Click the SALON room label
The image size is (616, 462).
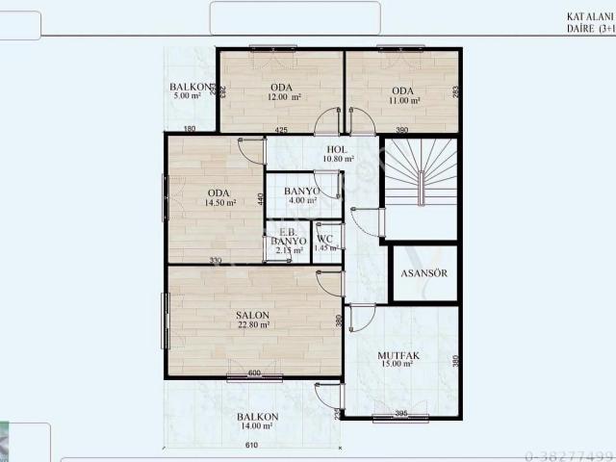(253, 315)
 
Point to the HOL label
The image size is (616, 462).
(337, 149)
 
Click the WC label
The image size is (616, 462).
(325, 239)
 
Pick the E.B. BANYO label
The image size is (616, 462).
(288, 237)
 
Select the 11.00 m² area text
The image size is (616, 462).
(402, 100)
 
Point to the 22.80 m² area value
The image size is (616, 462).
(253, 325)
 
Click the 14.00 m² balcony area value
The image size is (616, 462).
(256, 426)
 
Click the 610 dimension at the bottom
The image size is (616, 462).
(251, 446)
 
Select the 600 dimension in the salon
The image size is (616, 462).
(254, 373)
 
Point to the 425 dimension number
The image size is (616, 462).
(281, 129)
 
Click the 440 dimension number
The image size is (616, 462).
(260, 200)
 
